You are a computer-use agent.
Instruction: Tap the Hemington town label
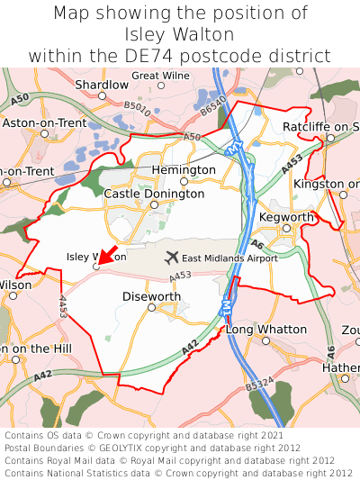tap(184, 170)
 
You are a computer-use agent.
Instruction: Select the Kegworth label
tap(286, 218)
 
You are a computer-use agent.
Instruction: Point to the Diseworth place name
tap(150, 296)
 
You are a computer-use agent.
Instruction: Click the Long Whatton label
tap(265, 330)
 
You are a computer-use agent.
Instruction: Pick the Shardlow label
tap(102, 85)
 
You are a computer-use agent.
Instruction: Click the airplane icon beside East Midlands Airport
tap(172, 258)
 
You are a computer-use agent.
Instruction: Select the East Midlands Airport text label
tap(229, 258)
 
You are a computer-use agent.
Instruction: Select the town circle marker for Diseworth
tap(151, 308)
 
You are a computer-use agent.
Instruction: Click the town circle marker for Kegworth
tap(287, 229)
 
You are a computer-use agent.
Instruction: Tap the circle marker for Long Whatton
tap(265, 341)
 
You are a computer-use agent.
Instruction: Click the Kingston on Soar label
tap(328, 184)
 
